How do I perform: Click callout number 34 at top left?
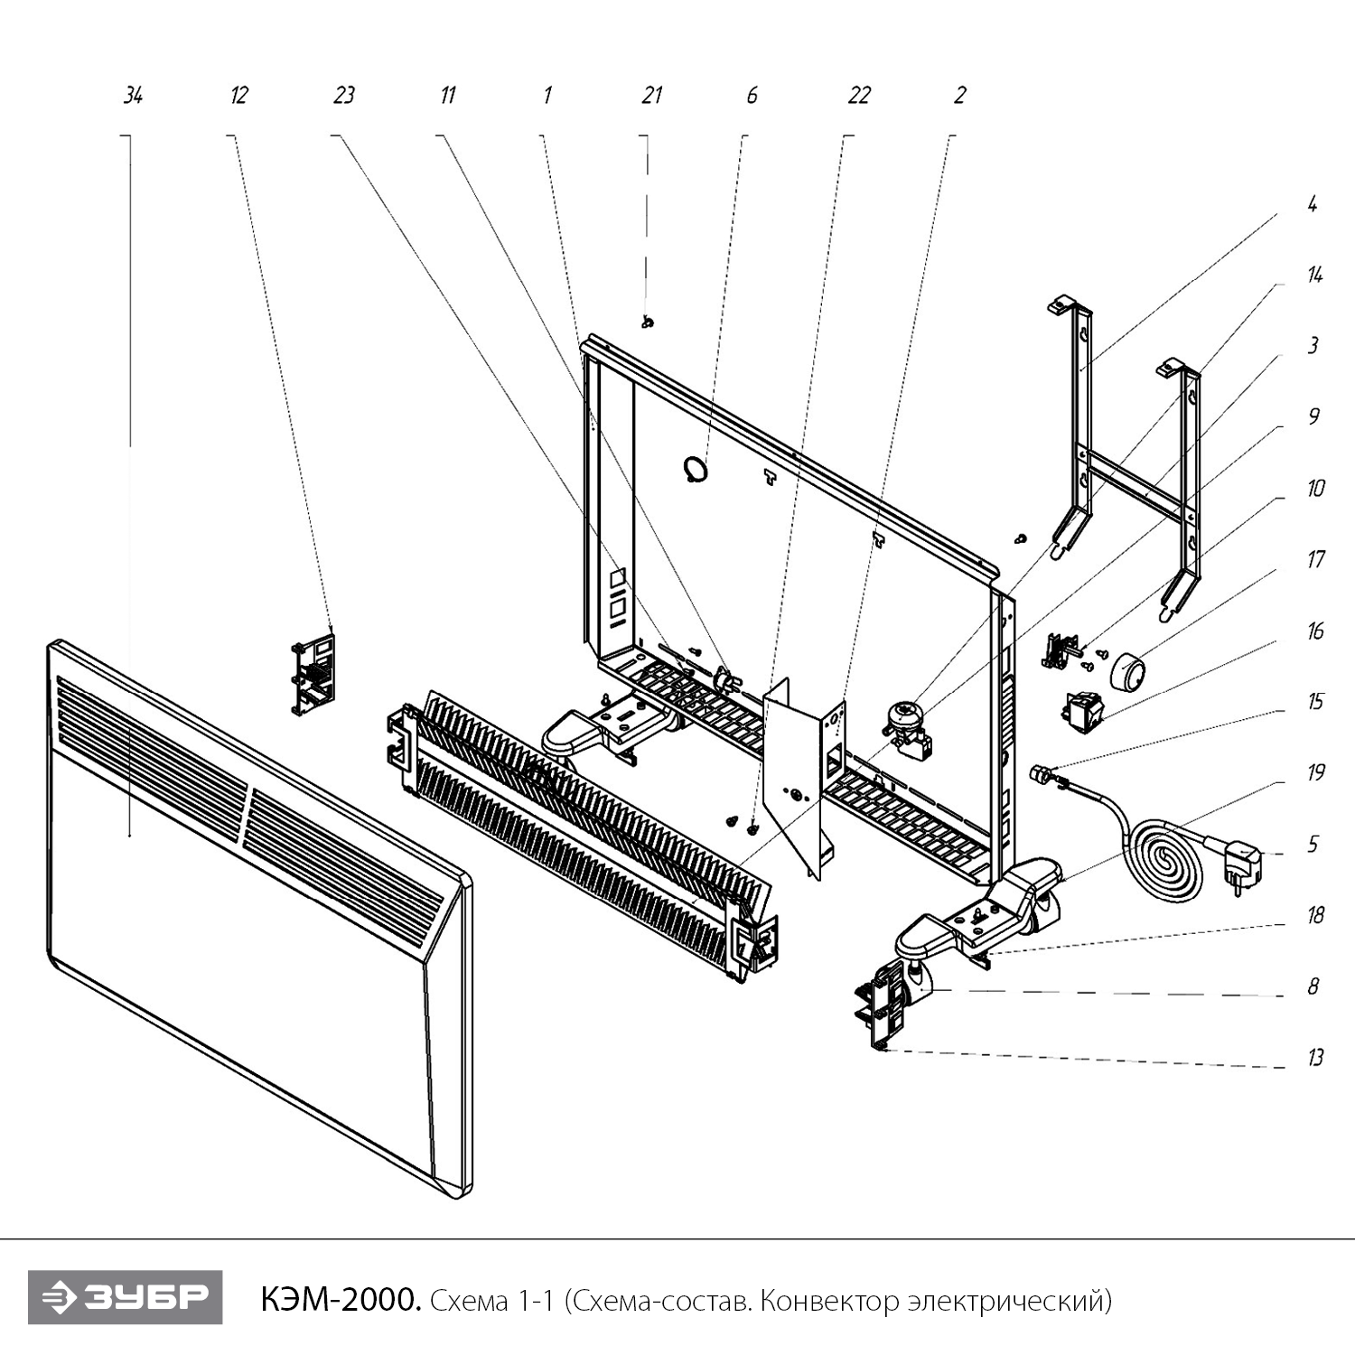[x=133, y=96]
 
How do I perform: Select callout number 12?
[x=238, y=96]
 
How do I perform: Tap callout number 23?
[x=343, y=96]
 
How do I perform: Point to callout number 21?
[x=651, y=96]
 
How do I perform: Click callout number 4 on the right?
[x=1312, y=204]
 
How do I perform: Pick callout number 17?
[x=1315, y=559]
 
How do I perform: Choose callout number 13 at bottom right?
[x=1315, y=1058]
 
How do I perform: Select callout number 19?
[x=1315, y=772]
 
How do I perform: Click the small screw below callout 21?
[x=648, y=322]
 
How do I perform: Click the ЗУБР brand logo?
[x=125, y=1297]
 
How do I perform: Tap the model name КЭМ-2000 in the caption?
[x=340, y=1300]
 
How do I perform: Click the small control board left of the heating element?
[x=313, y=672]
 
